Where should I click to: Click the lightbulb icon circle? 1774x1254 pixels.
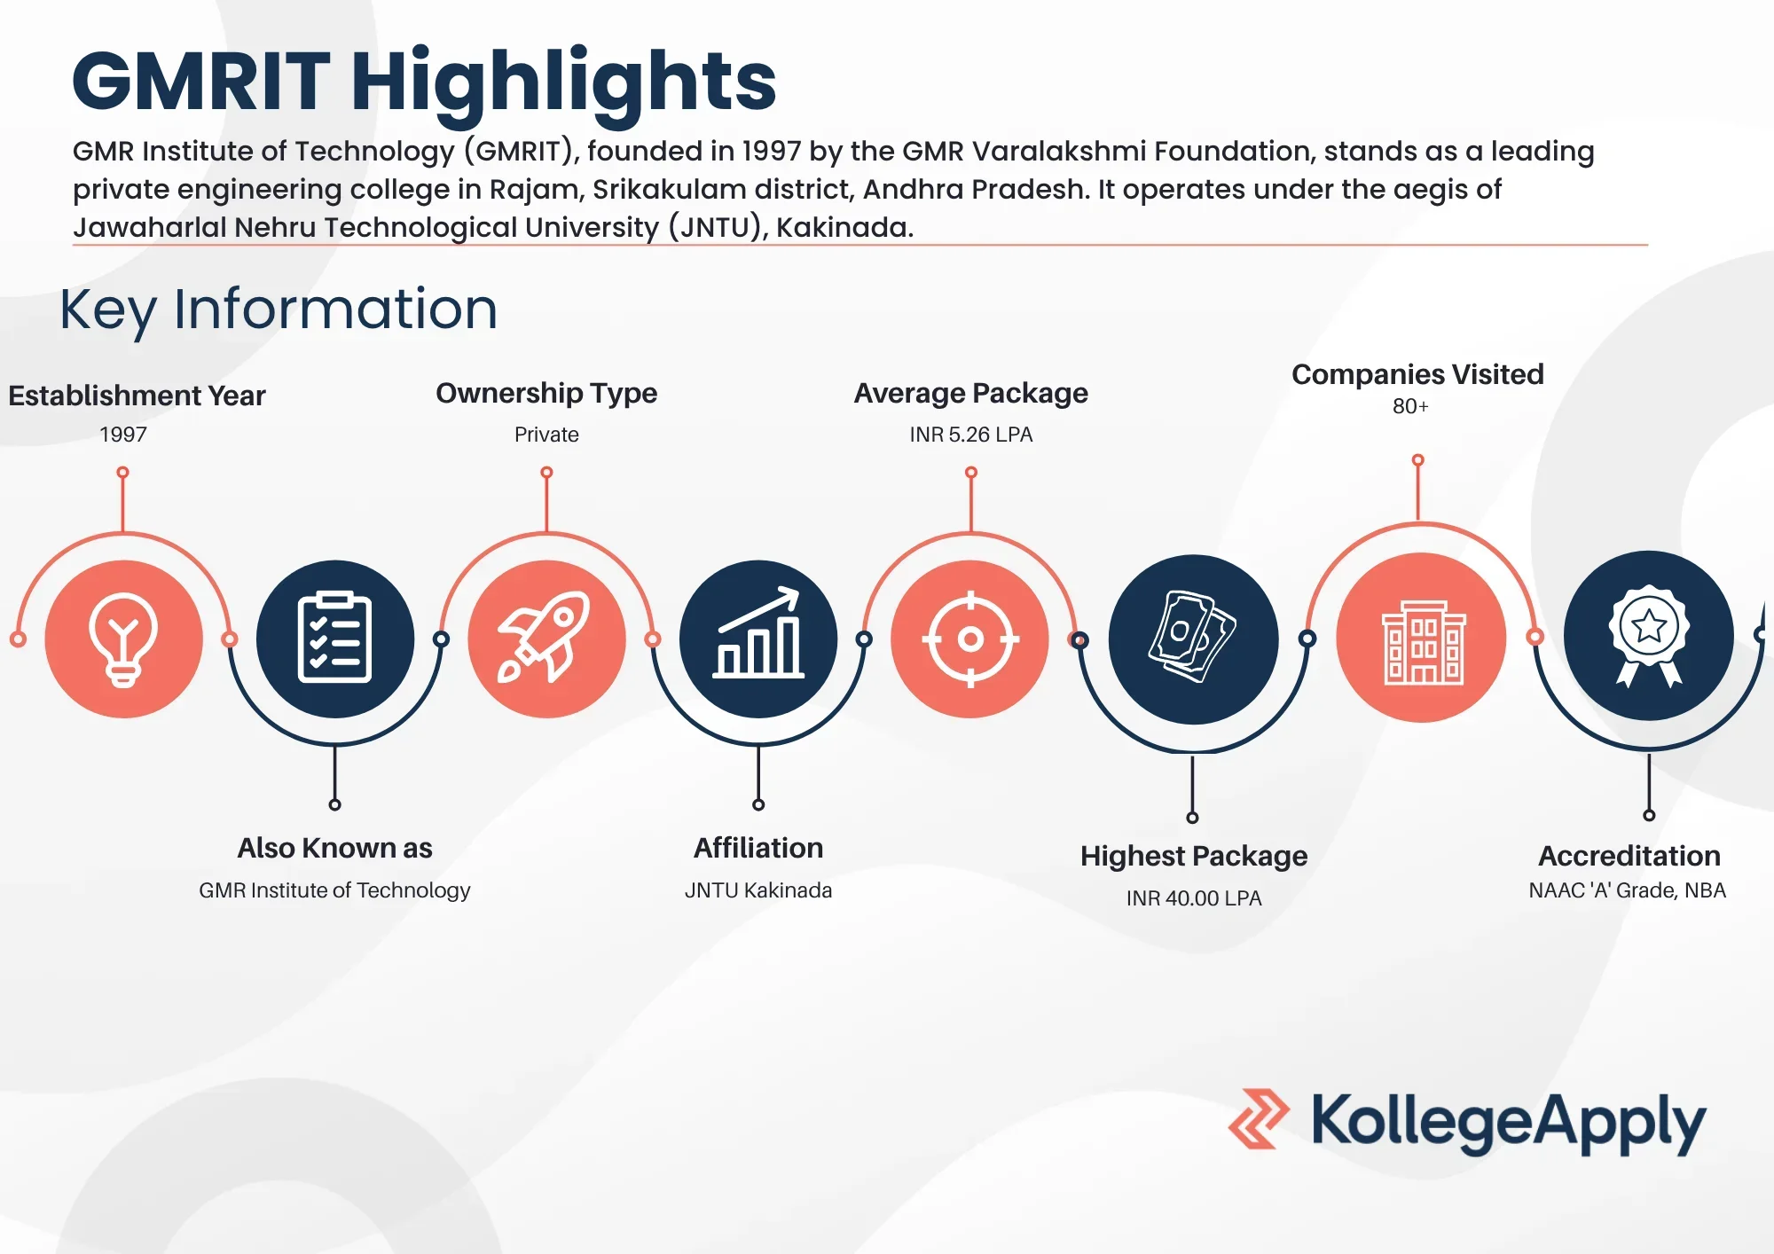coord(123,639)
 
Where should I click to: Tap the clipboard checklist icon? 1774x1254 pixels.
coord(334,639)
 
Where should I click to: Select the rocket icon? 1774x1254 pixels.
coord(546,639)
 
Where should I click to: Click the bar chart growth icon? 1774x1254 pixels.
coord(758,639)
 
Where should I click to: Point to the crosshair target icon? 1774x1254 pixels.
coord(970,639)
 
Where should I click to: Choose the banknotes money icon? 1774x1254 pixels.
coord(1193,639)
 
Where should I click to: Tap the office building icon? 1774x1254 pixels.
coord(1422,639)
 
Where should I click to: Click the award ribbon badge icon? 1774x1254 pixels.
coord(1648,635)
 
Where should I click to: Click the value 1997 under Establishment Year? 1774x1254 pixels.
coord(123,435)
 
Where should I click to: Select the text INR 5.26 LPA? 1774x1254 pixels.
coord(970,435)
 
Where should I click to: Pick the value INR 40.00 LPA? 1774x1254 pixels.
coord(1193,898)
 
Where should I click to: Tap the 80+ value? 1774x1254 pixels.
coord(1410,406)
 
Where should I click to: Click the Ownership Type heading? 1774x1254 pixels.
coord(546,393)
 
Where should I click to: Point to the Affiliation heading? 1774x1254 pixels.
coord(758,848)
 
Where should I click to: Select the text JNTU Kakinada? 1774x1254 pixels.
coord(758,890)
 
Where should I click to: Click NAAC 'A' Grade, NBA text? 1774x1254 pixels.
coord(1627,890)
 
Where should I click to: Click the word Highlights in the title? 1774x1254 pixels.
coord(564,82)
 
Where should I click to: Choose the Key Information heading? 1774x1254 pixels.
coord(279,309)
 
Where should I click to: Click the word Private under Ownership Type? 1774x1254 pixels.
coord(546,435)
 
